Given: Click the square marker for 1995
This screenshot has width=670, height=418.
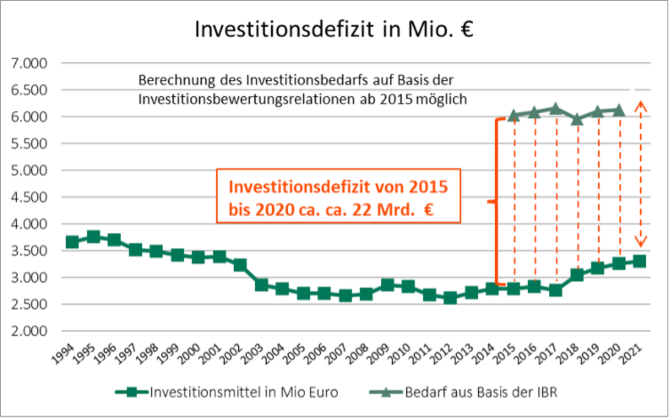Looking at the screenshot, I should pos(93,237).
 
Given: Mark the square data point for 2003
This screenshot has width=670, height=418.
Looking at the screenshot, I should pos(261,285).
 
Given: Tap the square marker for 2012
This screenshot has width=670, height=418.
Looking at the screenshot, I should pos(450,298).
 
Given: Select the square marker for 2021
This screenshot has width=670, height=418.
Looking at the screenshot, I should pos(640,261).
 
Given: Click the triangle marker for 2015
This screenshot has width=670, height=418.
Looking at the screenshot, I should pos(513,115).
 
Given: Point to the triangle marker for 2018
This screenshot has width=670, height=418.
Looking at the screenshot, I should pos(577,119).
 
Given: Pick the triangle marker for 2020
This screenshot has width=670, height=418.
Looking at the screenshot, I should pos(619,110).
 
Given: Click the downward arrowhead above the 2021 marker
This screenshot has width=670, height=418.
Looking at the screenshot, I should pos(640,242).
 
